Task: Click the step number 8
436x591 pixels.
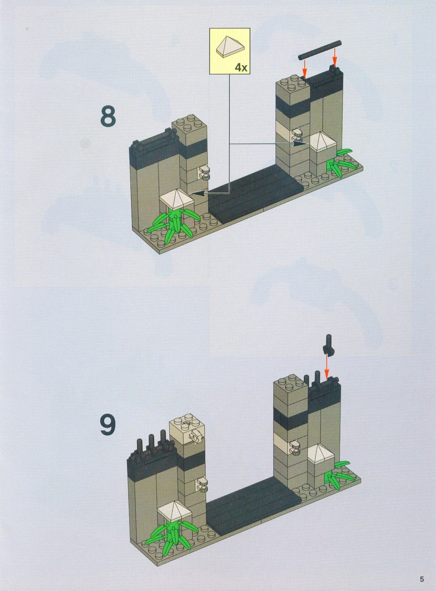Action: (108, 115)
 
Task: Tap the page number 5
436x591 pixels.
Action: (422, 577)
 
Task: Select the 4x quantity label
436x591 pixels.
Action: (241, 68)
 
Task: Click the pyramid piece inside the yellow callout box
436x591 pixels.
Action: (230, 47)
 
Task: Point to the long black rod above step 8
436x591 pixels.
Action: (320, 50)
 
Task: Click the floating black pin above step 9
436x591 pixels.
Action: (328, 344)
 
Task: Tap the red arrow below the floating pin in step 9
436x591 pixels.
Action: (327, 366)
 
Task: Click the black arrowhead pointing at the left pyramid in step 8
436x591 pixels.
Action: (197, 193)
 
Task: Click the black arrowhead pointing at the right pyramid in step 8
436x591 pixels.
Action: (300, 143)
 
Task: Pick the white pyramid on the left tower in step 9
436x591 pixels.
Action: (174, 508)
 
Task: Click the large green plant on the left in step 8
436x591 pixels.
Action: (173, 224)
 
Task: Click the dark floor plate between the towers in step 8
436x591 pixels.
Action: (255, 193)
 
